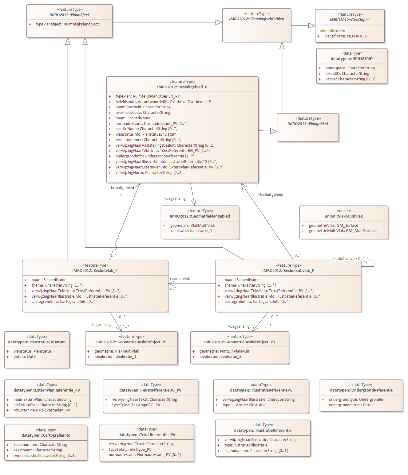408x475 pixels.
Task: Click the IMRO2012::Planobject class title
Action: [x=69, y=15]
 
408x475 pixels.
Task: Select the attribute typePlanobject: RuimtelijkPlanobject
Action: [x=67, y=24]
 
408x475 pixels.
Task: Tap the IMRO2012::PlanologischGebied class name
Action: [x=256, y=19]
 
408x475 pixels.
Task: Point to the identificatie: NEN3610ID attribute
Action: [x=346, y=36]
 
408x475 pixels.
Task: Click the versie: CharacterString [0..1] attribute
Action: [x=350, y=79]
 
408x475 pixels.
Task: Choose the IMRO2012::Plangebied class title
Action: [x=307, y=124]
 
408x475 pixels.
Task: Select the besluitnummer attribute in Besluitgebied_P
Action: [x=148, y=140]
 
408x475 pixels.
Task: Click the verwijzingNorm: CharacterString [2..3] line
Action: [x=149, y=172]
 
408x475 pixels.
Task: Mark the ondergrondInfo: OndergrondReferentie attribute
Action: [x=155, y=156]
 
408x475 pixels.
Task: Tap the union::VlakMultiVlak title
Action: [x=343, y=216]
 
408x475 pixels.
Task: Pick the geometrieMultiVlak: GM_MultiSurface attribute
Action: [x=343, y=230]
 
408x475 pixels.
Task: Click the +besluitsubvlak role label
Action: [x=344, y=259]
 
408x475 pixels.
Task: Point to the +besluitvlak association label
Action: [x=180, y=279]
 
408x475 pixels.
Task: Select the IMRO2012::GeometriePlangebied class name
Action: [x=200, y=216]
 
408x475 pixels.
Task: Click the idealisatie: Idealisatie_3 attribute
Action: [x=220, y=357]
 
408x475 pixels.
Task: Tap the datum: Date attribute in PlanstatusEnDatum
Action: [x=24, y=357]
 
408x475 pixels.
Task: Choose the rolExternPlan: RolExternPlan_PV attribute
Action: [x=42, y=410]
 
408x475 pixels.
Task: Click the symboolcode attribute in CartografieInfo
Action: [x=45, y=455]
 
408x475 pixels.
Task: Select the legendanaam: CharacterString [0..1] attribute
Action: [x=256, y=451]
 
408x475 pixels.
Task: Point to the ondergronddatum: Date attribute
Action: [x=350, y=405]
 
